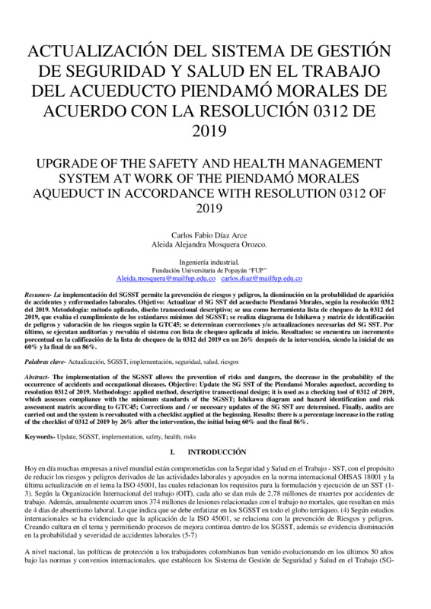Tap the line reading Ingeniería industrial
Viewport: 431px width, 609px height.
coord(215,260)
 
